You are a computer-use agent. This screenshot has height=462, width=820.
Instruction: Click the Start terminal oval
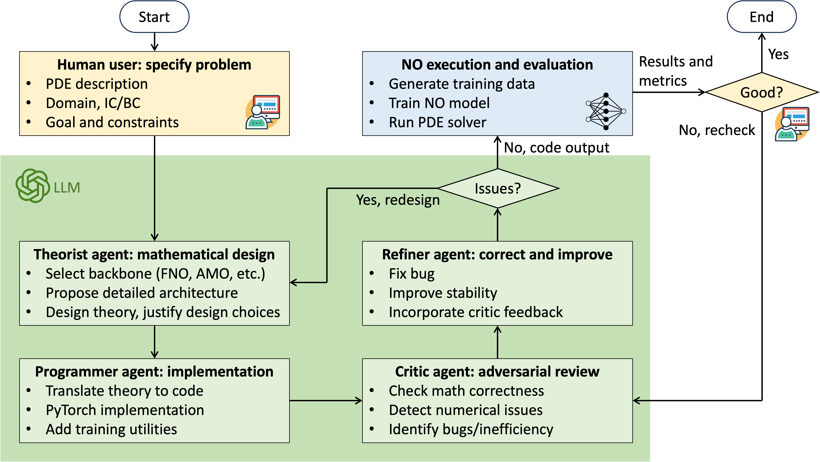pyautogui.click(x=154, y=17)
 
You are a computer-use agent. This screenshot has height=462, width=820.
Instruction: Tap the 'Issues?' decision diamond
pyautogui.click(x=498, y=188)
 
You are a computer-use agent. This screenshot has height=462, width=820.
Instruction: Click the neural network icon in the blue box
pyautogui.click(x=606, y=111)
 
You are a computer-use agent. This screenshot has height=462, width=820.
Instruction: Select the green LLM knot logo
pyautogui.click(x=32, y=186)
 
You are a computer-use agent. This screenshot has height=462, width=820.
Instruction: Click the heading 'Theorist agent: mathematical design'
pyautogui.click(x=154, y=254)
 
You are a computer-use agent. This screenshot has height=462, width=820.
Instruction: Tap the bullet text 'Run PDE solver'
pyautogui.click(x=437, y=122)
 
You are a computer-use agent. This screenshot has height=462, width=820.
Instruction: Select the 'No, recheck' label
pyautogui.click(x=717, y=130)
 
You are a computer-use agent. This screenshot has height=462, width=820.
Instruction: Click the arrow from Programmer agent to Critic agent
pyautogui.click(x=326, y=400)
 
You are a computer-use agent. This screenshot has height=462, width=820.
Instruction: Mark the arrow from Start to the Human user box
pyautogui.click(x=154, y=42)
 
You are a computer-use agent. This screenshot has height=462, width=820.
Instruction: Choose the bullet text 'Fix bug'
pyautogui.click(x=412, y=274)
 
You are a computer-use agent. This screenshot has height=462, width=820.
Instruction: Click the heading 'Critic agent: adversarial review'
pyautogui.click(x=497, y=371)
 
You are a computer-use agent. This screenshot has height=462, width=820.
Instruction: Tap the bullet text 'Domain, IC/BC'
pyautogui.click(x=93, y=103)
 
